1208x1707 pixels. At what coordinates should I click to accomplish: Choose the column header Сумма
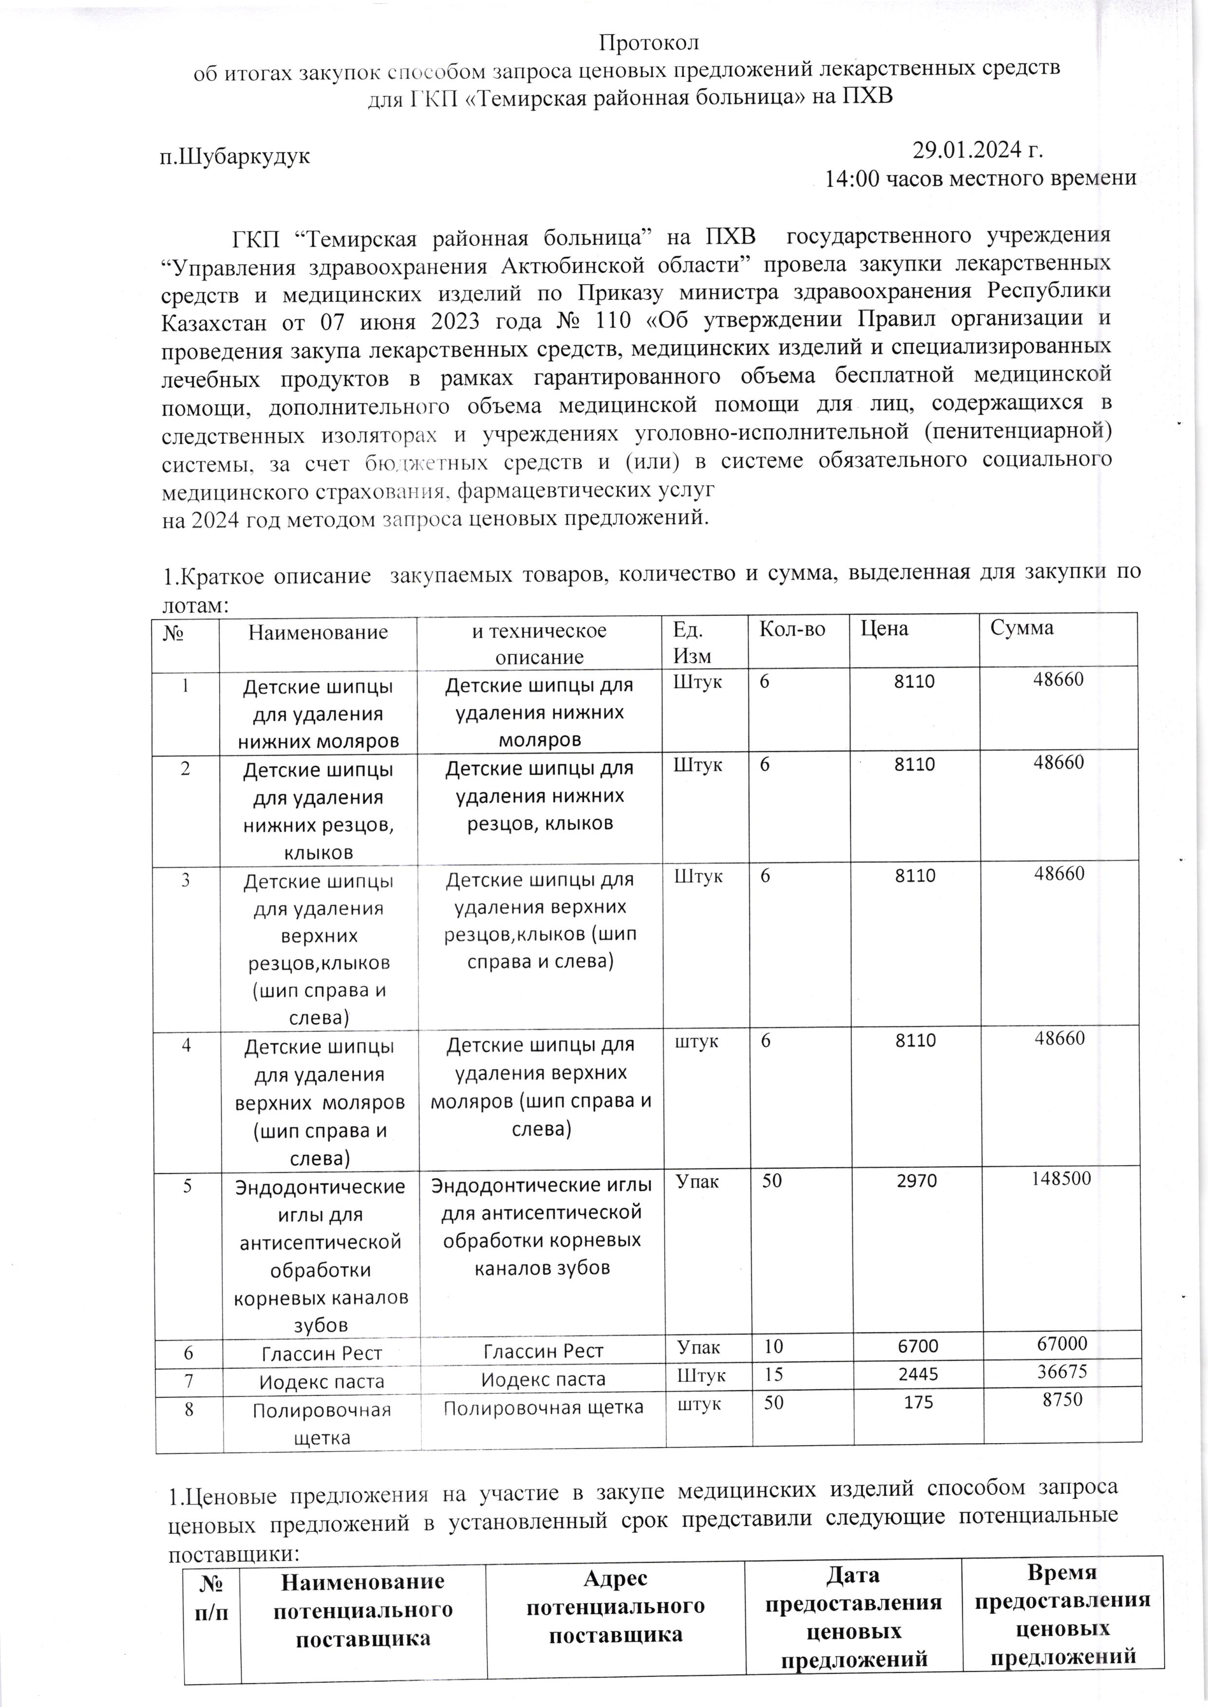click(x=1022, y=628)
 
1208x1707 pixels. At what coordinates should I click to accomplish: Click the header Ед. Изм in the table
click(x=692, y=642)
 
